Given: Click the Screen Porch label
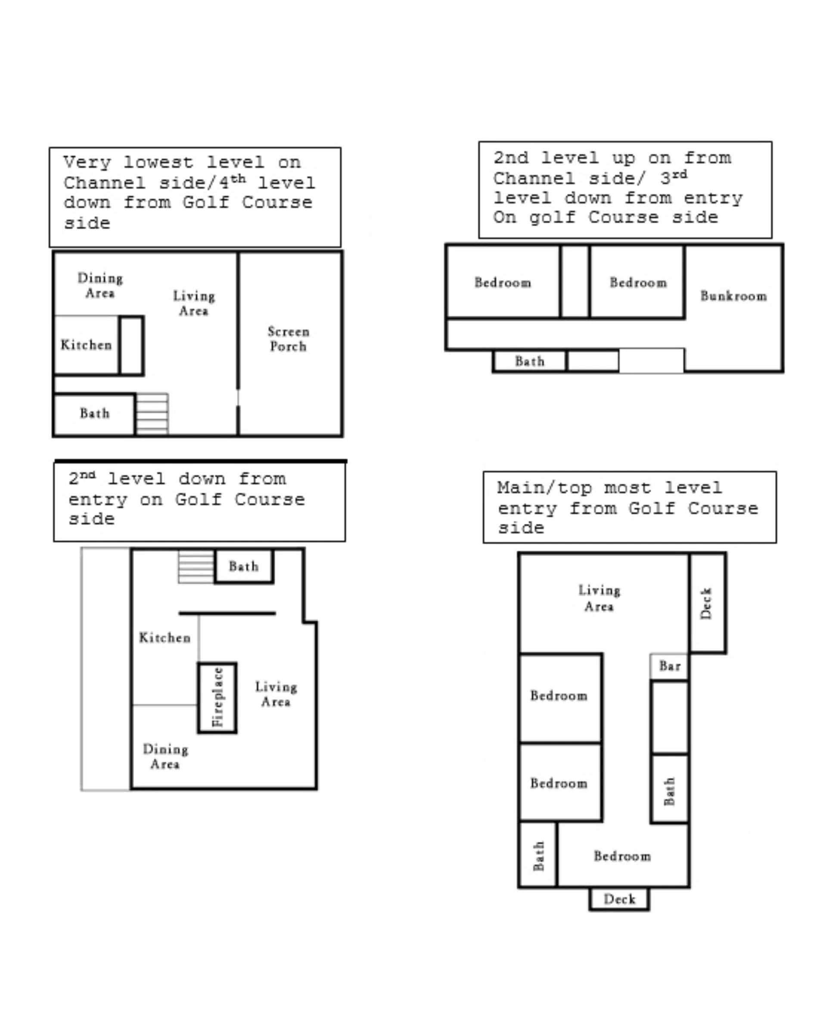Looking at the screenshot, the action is [288, 339].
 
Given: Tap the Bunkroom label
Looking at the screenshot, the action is [733, 296].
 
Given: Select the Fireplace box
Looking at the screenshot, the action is [217, 698].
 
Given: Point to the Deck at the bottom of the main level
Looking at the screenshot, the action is [619, 899].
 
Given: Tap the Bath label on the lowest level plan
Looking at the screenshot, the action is [94, 414].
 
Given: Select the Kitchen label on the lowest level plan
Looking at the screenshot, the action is [87, 345].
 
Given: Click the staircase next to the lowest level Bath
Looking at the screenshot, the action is [152, 414].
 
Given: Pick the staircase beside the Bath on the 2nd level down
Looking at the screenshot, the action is [196, 567].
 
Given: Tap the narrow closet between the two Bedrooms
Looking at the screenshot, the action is [575, 281].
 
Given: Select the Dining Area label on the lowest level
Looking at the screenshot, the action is [100, 285].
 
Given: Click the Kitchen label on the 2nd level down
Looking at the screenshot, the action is [165, 638].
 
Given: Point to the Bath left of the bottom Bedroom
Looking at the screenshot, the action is [538, 855].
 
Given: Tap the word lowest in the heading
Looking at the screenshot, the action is [158, 162].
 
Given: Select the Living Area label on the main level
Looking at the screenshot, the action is [599, 598].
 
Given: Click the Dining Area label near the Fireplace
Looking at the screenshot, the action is [165, 756].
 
